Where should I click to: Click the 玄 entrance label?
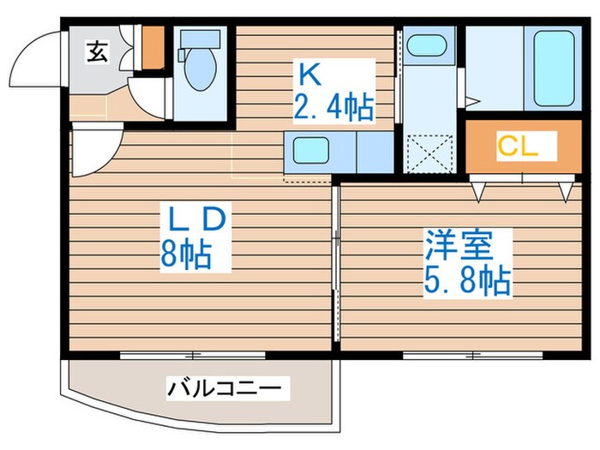pos(97,52)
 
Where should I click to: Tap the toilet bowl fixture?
pos(200,69)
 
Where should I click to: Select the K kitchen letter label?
pos(309,75)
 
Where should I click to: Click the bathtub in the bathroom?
pos(554,68)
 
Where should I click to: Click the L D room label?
pos(195,221)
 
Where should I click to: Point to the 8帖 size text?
pos(184,255)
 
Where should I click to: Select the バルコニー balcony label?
pos(224,389)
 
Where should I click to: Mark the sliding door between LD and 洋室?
pos(335,266)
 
